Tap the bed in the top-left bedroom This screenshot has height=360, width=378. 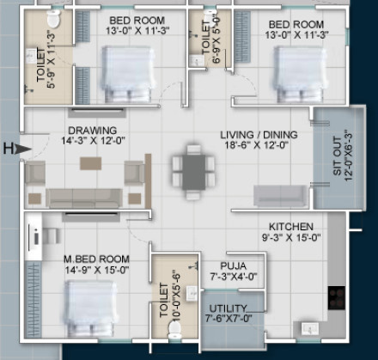tap(126, 68)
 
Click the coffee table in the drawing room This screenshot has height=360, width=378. tap(91, 162)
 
